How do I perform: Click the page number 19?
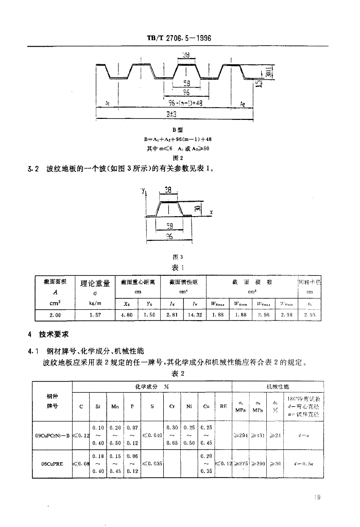click(316, 497)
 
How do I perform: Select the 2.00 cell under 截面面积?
click(55, 314)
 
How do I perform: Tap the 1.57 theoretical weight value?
click(94, 314)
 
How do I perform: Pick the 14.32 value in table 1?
click(195, 314)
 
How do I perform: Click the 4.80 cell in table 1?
click(126, 314)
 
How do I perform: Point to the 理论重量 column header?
click(95, 283)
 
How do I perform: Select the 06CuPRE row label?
click(52, 463)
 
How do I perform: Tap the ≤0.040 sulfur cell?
click(153, 435)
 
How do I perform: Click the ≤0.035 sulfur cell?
click(153, 463)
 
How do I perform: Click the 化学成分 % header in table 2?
click(152, 386)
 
